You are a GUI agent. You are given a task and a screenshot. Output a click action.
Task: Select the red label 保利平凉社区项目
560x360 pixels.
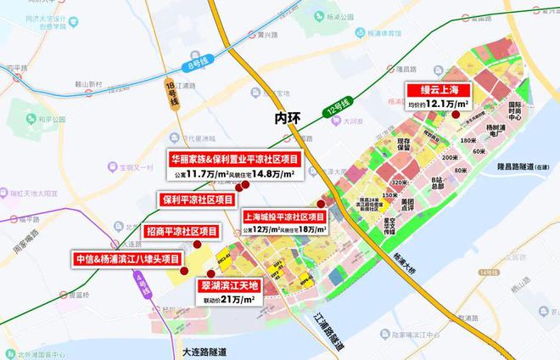click(x=196, y=200)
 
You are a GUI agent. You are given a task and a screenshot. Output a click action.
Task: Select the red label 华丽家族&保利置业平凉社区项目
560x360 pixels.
click(x=230, y=158)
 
